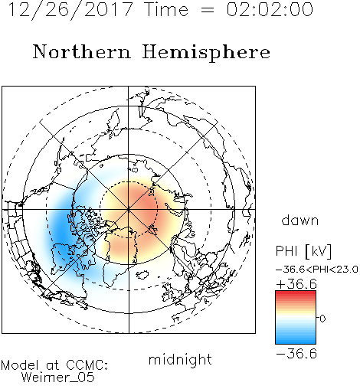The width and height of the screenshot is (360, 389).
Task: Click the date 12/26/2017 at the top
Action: pyautogui.click(x=70, y=10)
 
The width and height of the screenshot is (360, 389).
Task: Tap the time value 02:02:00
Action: pyautogui.click(x=270, y=10)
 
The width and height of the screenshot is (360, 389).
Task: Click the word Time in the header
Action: pyautogui.click(x=166, y=10)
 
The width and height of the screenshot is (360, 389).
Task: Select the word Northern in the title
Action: pyautogui.click(x=82, y=51)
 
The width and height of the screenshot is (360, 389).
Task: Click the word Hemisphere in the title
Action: pyautogui.click(x=206, y=53)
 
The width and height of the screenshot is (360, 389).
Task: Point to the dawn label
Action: pyautogui.click(x=300, y=220)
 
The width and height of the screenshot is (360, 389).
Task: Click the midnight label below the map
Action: pyautogui.click(x=180, y=359)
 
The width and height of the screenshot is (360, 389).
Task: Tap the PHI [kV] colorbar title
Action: pyautogui.click(x=303, y=251)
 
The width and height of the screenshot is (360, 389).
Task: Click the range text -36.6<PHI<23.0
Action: pyautogui.click(x=317, y=270)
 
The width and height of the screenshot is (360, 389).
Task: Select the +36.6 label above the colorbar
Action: pyautogui.click(x=296, y=284)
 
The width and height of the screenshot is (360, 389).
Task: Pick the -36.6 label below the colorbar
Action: pyautogui.click(x=296, y=354)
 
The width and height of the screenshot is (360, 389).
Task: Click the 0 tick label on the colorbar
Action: pyautogui.click(x=322, y=319)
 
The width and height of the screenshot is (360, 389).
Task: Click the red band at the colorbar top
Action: pyautogui.click(x=296, y=294)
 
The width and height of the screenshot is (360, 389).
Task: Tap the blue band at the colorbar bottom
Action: pyautogui.click(x=296, y=341)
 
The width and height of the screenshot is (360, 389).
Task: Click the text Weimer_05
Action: pyautogui.click(x=58, y=378)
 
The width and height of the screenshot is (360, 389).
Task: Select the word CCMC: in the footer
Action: pyautogui.click(x=87, y=365)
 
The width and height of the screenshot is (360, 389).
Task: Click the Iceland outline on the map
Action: pyautogui.click(x=142, y=275)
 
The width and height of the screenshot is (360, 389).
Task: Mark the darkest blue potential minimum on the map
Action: pyautogui.click(x=59, y=230)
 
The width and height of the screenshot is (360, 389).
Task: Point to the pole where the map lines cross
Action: pyautogui.click(x=129, y=209)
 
